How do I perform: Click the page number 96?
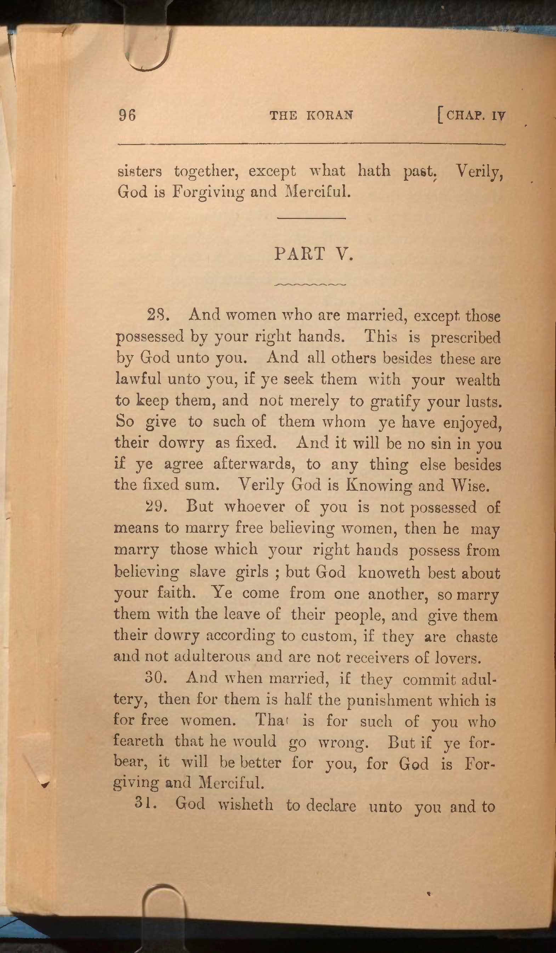[x=127, y=115]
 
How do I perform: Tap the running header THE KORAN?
[x=311, y=115]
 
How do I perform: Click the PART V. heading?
[x=313, y=254]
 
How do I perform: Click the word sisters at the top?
[x=140, y=172]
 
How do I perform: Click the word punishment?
[x=390, y=701]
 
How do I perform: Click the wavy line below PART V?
[x=310, y=284]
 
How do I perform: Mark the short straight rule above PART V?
[x=312, y=218]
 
